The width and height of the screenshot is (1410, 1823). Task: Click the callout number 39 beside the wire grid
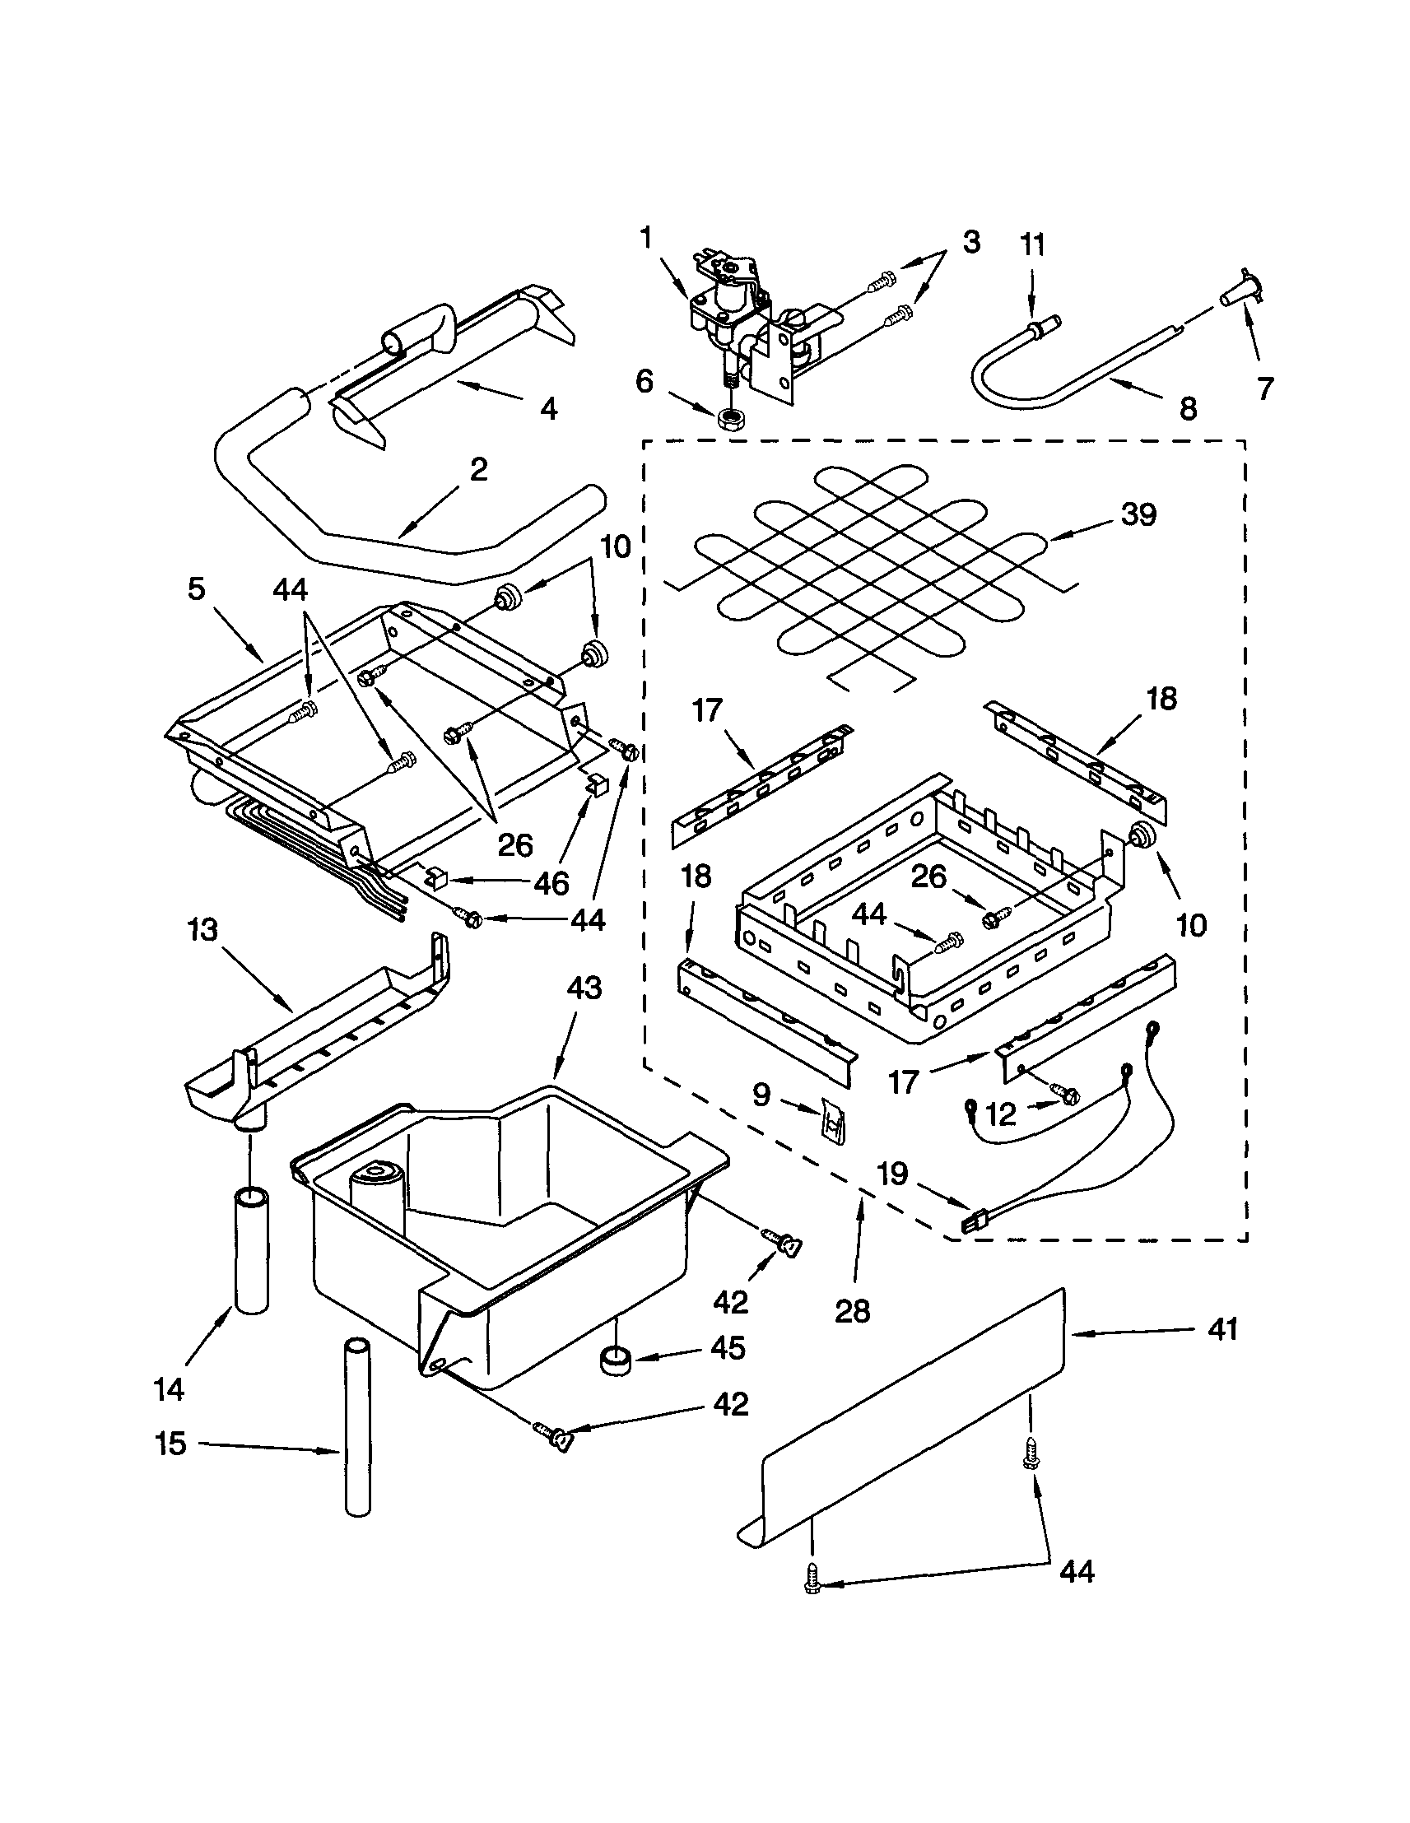pyautogui.click(x=1138, y=515)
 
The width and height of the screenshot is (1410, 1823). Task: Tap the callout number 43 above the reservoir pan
pyautogui.click(x=584, y=988)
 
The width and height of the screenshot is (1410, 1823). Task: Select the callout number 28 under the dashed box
pyautogui.click(x=854, y=1311)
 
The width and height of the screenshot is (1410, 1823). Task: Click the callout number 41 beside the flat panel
pyautogui.click(x=1222, y=1329)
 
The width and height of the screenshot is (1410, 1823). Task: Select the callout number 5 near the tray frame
pyautogui.click(x=195, y=589)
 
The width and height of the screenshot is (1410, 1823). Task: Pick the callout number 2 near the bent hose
pyautogui.click(x=477, y=470)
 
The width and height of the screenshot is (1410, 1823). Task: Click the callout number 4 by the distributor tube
pyautogui.click(x=548, y=409)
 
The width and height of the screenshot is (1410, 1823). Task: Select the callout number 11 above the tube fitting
pyautogui.click(x=1032, y=245)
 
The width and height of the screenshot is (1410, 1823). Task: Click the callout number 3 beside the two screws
pyautogui.click(x=971, y=243)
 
